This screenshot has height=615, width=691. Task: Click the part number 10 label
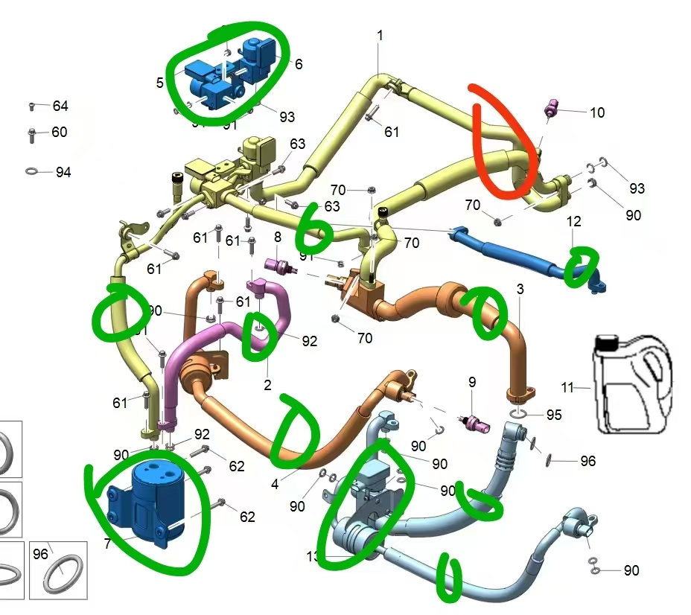596,112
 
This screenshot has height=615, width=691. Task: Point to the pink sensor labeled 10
552,107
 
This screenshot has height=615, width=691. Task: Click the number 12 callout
573,221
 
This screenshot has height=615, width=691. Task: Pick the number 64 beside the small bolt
60,106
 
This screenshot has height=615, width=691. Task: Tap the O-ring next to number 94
32,172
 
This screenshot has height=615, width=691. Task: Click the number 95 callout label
553,415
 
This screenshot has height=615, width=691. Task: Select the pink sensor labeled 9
474,422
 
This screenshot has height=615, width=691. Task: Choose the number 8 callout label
278,237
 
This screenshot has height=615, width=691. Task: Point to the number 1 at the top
380,35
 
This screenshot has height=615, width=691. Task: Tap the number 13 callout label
313,556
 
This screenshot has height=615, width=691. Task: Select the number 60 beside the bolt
60,132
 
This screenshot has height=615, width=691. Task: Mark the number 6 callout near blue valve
299,64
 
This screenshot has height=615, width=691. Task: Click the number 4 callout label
275,484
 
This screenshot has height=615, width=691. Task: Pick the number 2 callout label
267,385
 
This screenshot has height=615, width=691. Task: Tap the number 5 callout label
160,82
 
